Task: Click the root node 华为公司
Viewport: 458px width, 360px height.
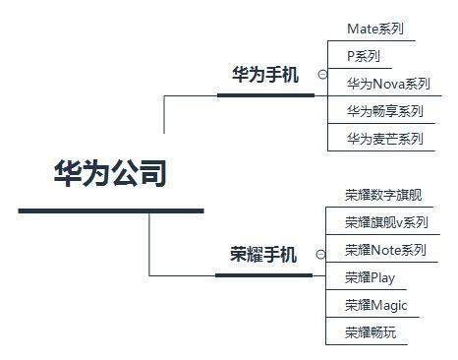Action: pos(110,174)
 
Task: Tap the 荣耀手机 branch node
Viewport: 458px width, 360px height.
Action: pos(262,255)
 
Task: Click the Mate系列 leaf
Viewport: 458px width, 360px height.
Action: pos(375,29)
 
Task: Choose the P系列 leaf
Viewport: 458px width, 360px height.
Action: pos(364,56)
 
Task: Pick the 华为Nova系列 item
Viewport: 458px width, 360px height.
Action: pos(388,84)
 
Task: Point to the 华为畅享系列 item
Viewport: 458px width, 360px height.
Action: pos(384,111)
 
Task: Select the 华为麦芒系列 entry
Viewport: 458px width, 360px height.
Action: pos(384,139)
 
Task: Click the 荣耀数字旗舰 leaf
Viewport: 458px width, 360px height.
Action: pos(383,195)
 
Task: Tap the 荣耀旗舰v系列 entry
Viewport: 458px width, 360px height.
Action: pos(386,222)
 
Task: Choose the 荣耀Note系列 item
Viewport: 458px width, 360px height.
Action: pos(385,250)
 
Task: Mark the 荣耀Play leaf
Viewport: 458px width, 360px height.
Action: pos(370,277)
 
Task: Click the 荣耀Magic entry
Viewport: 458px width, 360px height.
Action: pos(375,305)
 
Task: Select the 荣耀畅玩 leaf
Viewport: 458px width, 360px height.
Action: pos(371,332)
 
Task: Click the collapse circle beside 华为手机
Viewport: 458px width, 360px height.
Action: pos(322,74)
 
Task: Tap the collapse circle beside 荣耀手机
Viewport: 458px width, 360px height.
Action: pos(320,254)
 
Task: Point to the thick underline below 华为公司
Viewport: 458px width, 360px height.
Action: pos(110,210)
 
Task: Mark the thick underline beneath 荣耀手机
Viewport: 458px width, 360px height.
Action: pos(262,274)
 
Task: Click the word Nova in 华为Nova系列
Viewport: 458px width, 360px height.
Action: pos(387,84)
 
